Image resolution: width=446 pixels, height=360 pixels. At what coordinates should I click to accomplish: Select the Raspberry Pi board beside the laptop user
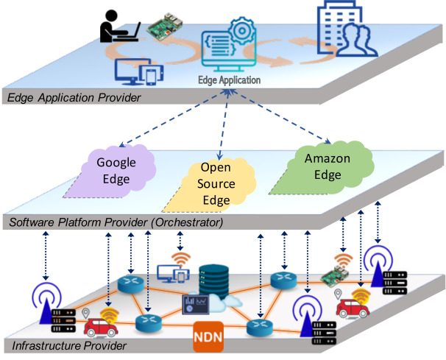(163, 26)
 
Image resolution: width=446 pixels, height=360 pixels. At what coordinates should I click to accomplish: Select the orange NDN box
(208, 333)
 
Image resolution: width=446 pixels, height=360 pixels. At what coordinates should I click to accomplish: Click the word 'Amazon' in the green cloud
(327, 159)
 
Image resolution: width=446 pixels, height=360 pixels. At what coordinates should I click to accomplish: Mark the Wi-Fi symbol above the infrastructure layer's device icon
(180, 258)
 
